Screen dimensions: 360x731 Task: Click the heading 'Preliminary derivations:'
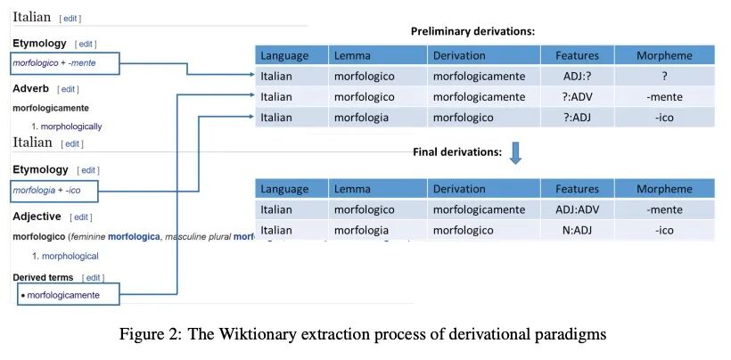point(472,31)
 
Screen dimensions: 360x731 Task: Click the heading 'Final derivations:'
point(458,152)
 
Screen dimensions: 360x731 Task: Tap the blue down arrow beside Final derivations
point(515,152)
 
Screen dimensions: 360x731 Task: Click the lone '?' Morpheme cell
point(664,76)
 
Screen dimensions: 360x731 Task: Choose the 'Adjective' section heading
point(37,217)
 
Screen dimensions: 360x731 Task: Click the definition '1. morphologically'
point(67,127)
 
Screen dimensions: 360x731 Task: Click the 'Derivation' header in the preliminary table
point(459,55)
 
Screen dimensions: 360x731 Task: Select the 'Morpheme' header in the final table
point(664,189)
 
